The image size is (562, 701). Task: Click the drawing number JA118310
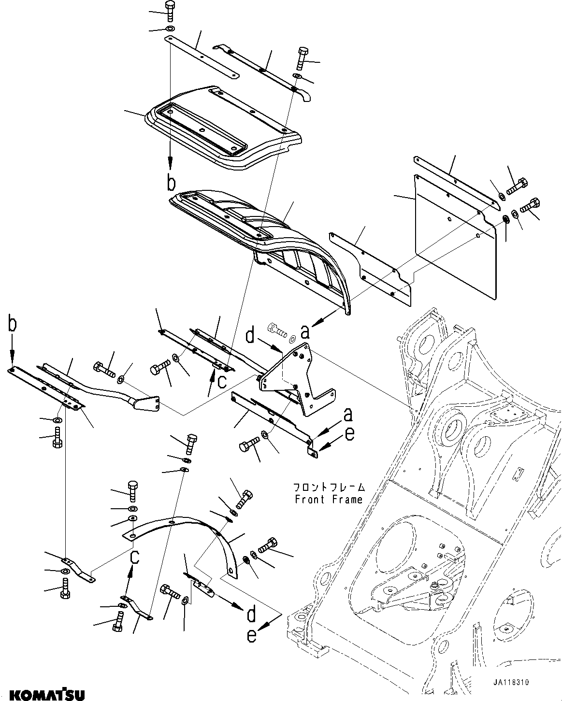pos(511,682)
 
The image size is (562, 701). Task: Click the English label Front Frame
pos(329,500)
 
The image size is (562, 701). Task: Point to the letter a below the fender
pos(305,332)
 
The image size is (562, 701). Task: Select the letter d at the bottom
pos(251,615)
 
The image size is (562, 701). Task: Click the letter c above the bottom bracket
pos(136,557)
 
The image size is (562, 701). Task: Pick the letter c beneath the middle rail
pos(221,382)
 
